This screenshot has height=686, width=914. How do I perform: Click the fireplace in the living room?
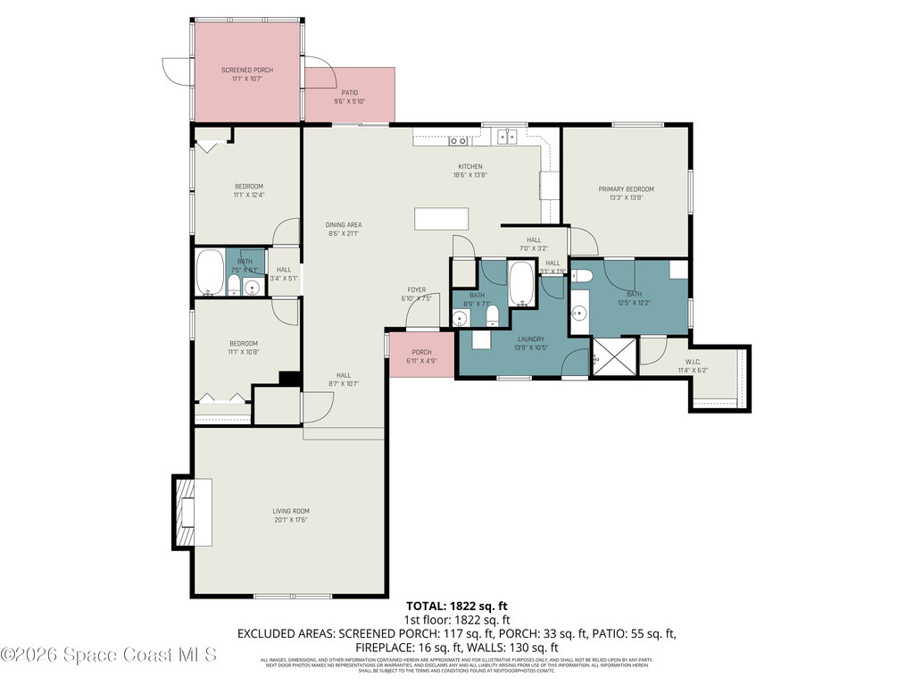187,512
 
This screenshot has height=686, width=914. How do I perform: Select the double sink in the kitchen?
507,137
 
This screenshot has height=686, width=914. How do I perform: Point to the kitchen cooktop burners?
459,140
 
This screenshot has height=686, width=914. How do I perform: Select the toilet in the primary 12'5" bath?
580,276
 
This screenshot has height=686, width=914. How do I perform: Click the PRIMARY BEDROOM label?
626,189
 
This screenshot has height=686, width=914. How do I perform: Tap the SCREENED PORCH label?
246,70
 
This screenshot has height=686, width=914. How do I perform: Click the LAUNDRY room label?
531,339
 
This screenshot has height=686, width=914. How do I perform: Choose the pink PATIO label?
349,92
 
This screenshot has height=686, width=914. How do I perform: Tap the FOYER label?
416,289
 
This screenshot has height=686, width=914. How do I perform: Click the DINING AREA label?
343,225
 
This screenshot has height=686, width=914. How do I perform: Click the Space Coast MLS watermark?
109,655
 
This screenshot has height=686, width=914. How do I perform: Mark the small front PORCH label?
421,352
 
